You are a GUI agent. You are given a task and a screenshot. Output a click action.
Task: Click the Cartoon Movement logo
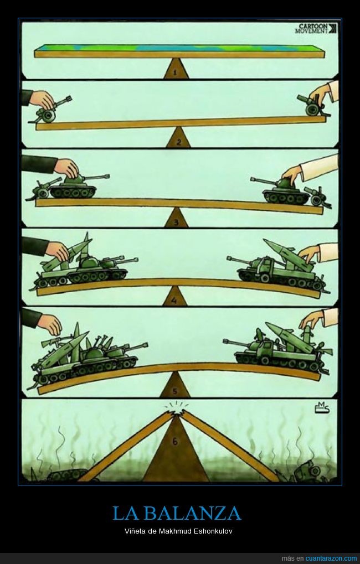coord(316,28)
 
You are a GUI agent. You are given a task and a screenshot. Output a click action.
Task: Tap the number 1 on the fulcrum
coord(175,73)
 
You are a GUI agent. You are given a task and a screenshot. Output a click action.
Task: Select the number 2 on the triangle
coord(178,142)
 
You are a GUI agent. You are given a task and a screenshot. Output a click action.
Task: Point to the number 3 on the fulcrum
coord(176,222)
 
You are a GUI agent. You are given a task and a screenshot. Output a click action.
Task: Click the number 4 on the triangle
coord(174,301)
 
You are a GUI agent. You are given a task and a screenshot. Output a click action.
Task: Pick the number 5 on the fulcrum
coord(175,391)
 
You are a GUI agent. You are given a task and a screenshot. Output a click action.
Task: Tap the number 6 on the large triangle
coord(175,441)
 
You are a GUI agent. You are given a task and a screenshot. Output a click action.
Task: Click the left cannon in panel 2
coord(50,110)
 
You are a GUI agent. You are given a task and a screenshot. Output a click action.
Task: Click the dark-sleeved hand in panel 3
coord(67,167)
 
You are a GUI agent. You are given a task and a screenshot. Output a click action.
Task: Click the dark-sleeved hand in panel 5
coord(50,323)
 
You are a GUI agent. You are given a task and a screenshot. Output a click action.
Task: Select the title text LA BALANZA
coord(177,513)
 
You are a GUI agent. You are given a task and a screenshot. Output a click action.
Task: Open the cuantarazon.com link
coord(331,558)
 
